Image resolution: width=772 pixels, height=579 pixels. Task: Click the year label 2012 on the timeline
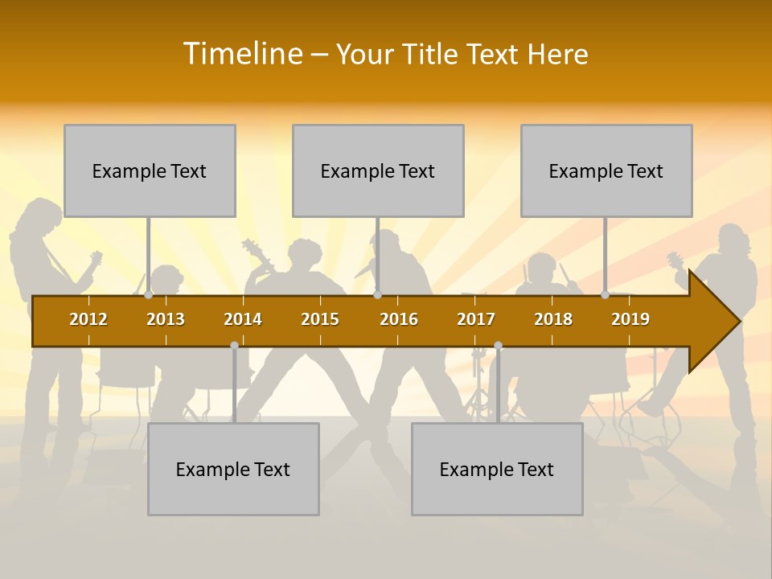88,319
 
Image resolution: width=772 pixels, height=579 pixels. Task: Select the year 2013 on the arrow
166,319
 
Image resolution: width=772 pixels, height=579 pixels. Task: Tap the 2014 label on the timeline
243,319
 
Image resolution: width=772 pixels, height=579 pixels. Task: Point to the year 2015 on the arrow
320,319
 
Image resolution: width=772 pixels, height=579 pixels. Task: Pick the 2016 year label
399,319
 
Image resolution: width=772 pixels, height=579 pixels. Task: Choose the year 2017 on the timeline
476,319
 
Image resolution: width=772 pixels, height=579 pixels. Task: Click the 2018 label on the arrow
553,319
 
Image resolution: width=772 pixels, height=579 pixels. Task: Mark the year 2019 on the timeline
630,319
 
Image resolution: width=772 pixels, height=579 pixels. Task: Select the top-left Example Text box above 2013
150,170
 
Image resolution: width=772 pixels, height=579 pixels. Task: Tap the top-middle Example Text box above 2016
378,170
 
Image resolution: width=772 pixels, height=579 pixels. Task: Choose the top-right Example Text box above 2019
606,170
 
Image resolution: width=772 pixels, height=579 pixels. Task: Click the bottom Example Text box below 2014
233,469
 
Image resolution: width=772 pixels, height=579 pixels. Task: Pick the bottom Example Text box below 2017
497,469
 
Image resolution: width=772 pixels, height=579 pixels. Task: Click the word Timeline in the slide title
241,54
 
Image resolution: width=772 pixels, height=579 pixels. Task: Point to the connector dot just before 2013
149,295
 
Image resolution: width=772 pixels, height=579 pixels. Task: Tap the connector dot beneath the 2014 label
234,346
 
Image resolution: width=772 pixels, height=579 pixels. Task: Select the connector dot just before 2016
377,295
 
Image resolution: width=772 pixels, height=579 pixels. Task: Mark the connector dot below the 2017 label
498,346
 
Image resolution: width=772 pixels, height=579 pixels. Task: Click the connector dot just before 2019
605,295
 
